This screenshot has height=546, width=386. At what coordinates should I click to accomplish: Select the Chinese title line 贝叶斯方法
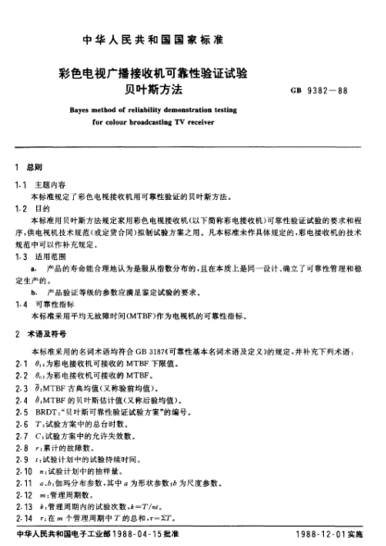click(x=192, y=92)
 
